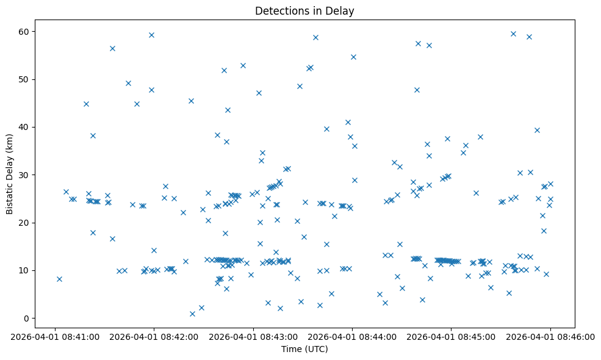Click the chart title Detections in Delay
click(x=304, y=11)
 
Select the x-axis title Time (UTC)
click(x=304, y=349)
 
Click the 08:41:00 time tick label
click(x=55, y=335)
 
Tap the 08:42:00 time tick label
click(x=154, y=335)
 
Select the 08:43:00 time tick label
click(x=253, y=335)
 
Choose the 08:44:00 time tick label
click(x=352, y=335)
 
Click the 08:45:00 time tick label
click(x=451, y=335)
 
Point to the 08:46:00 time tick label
click(x=550, y=335)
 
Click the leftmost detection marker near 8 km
click(x=59, y=279)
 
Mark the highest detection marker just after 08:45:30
click(x=513, y=34)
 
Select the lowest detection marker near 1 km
click(x=192, y=314)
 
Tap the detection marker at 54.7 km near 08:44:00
click(x=353, y=57)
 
